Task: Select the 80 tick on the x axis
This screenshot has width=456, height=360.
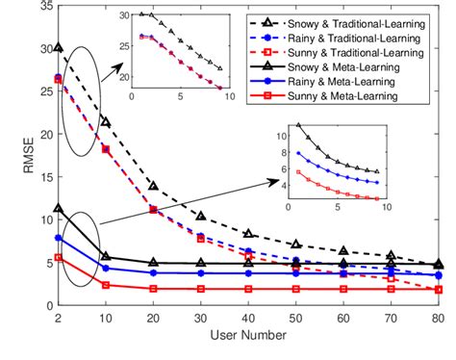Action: click(439, 319)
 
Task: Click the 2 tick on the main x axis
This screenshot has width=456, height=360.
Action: click(59, 319)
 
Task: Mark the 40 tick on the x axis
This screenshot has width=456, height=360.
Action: click(249, 319)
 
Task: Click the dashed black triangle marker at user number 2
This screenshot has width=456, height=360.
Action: click(59, 46)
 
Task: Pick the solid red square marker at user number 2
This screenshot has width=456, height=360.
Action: click(59, 257)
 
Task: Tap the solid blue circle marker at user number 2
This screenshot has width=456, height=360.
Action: click(59, 237)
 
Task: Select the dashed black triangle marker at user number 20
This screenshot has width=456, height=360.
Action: click(154, 185)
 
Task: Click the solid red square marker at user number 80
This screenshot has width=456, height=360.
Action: click(439, 289)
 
